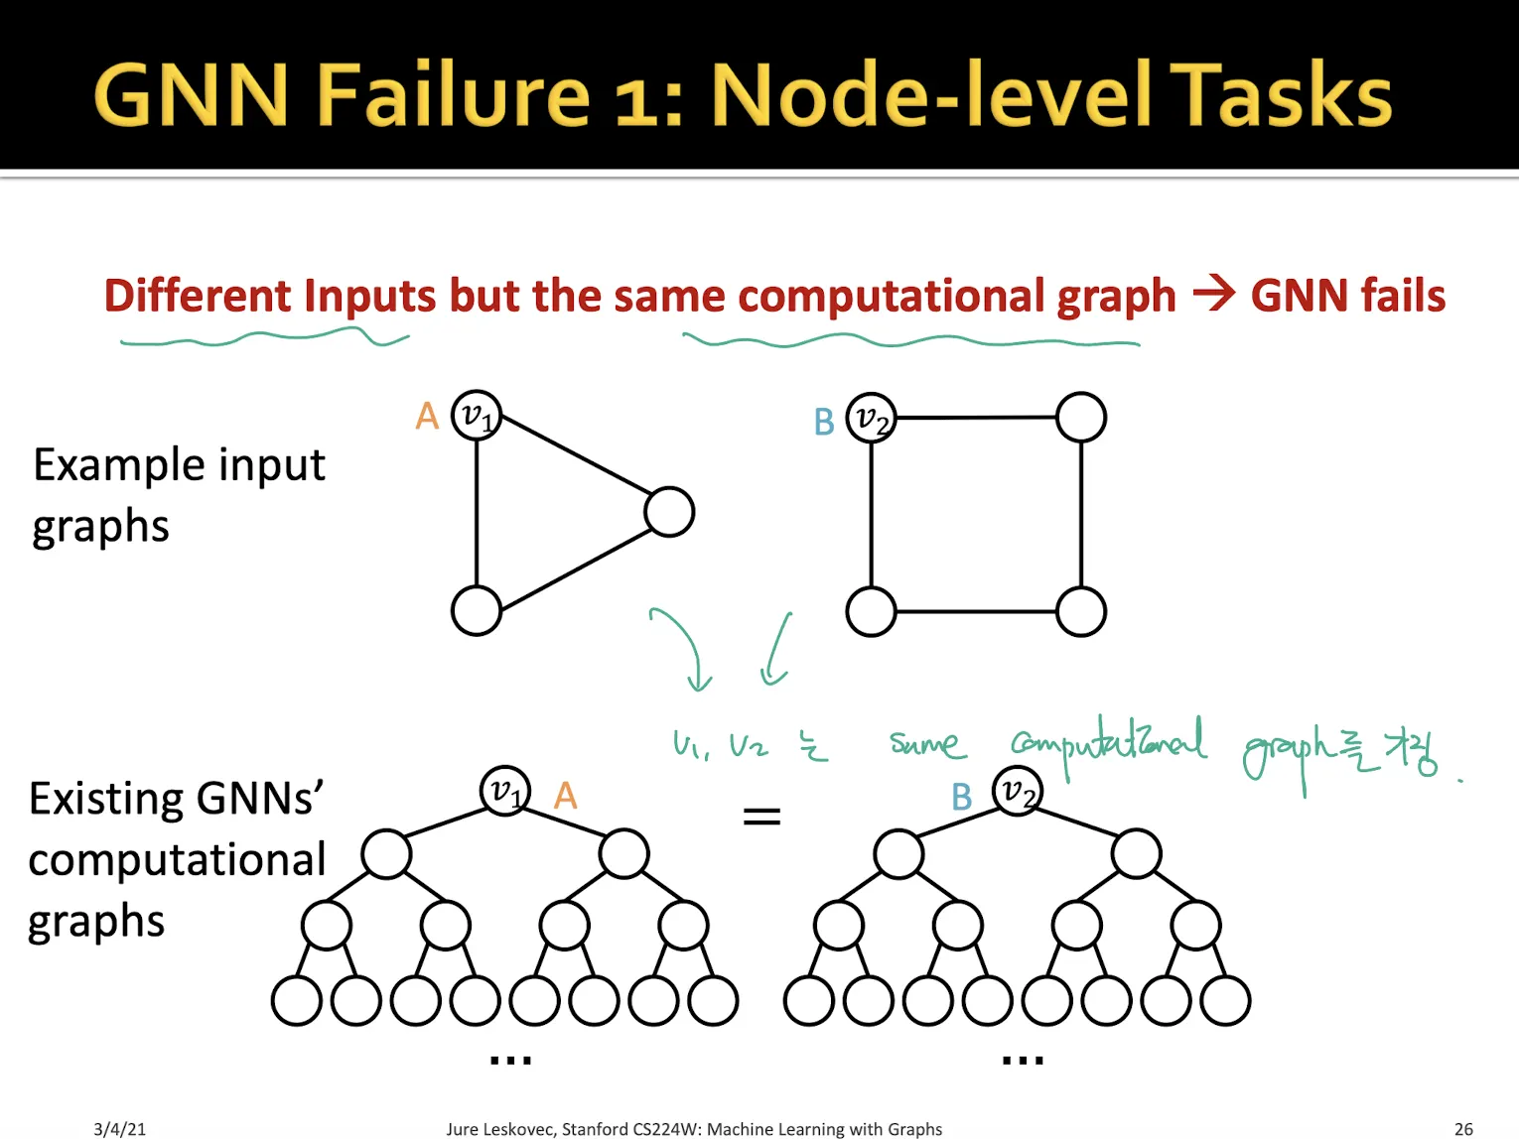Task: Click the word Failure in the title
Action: click(454, 95)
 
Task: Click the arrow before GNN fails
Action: click(1213, 294)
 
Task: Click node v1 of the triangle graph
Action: click(477, 416)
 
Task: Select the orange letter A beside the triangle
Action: click(427, 417)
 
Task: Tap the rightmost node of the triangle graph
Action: click(669, 512)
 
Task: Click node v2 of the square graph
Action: click(871, 418)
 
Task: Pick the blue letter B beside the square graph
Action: click(824, 423)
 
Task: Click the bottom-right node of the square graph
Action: click(1081, 611)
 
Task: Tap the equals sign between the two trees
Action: click(761, 817)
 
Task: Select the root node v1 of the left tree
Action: click(505, 791)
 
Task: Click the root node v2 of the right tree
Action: click(1018, 791)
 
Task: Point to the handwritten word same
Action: click(925, 744)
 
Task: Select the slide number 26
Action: click(1463, 1129)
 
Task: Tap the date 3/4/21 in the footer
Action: click(119, 1129)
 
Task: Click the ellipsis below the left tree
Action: click(510, 1061)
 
